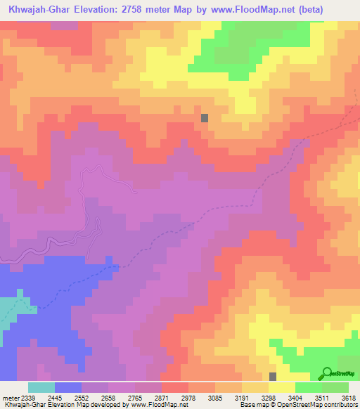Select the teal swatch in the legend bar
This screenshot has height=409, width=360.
coord(41,388)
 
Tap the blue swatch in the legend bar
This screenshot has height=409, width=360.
coord(67,388)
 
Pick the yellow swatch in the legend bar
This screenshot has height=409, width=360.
coord(281,388)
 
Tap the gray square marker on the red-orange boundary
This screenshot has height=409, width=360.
coord(205,118)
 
